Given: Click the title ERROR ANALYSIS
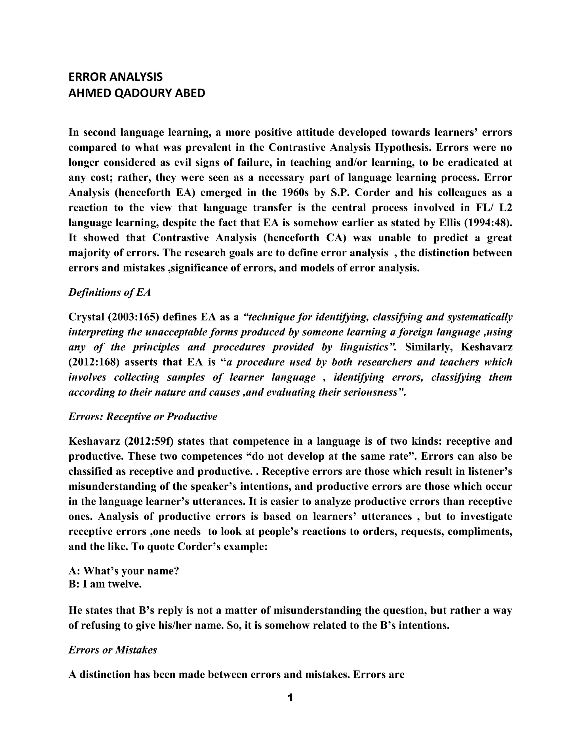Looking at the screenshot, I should click(x=115, y=77).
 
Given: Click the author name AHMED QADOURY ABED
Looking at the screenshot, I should click(x=137, y=93).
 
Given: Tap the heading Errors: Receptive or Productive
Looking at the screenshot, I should click(x=143, y=417).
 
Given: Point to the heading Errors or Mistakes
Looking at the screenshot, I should click(x=113, y=650).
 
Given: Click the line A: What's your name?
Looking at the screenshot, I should click(x=124, y=571).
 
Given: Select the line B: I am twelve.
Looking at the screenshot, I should click(x=105, y=584).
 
